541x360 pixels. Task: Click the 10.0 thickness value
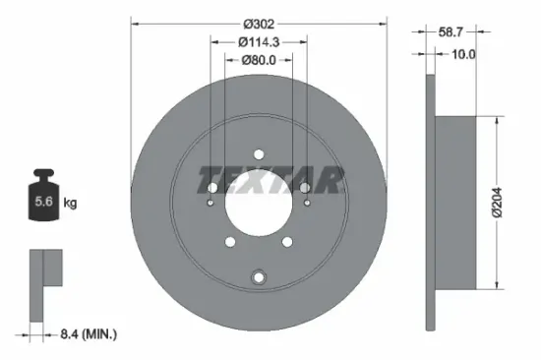click(462, 54)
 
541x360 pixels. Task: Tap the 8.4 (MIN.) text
click(86, 335)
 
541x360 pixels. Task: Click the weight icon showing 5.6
click(44, 200)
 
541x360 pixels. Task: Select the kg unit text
click(70, 203)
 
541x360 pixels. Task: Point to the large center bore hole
click(258, 202)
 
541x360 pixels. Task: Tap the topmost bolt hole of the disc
click(258, 153)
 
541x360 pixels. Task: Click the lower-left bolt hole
click(229, 241)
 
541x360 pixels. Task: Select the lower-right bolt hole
click(286, 241)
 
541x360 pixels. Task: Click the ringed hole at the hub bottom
click(258, 276)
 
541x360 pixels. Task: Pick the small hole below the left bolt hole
click(210, 204)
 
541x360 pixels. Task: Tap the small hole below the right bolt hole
click(306, 204)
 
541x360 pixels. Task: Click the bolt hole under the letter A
click(305, 187)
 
